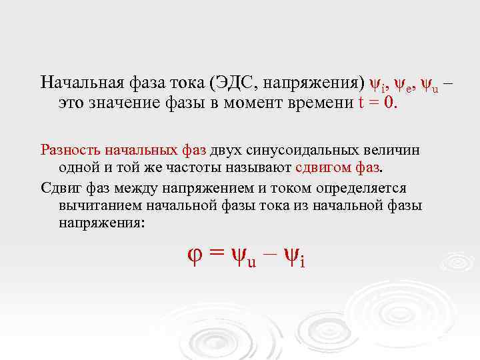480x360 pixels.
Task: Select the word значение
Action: [125, 103]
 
